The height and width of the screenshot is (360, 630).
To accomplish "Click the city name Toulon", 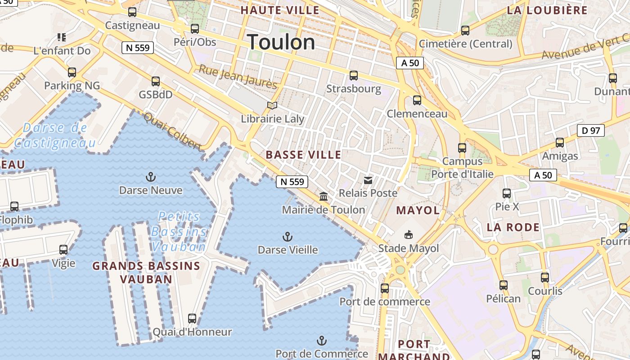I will (x=281, y=42).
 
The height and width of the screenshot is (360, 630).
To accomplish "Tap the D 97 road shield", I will (x=590, y=131).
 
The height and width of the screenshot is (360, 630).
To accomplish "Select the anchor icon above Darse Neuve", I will (x=151, y=176).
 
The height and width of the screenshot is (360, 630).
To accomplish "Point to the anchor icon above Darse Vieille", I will (x=287, y=236).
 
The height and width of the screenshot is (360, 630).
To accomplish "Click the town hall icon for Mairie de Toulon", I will (x=324, y=196).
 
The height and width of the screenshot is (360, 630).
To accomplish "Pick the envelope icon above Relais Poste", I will (x=368, y=180).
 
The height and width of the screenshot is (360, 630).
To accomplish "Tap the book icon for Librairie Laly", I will (x=272, y=106).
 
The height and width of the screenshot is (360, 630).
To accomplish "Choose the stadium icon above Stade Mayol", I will (x=409, y=234).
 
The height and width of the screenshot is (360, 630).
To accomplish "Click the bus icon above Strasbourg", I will (x=354, y=75).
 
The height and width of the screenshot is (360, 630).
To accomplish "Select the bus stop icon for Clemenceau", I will (x=417, y=100).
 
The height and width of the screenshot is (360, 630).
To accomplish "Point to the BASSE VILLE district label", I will (x=303, y=155).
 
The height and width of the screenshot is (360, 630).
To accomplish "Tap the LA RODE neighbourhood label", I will (x=513, y=227).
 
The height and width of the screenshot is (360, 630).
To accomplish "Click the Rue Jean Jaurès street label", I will (x=238, y=76).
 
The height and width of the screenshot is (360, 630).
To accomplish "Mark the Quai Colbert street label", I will (x=172, y=131).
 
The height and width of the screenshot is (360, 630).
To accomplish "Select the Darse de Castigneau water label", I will (x=55, y=135).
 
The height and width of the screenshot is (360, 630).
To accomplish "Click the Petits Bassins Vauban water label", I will (x=179, y=232).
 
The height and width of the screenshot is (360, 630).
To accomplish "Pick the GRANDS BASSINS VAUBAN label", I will (x=146, y=272).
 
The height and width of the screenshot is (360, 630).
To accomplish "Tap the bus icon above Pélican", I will (x=504, y=285).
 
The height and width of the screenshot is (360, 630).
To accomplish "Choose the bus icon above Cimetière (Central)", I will (x=465, y=31).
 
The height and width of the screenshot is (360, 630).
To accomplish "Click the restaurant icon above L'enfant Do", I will (x=62, y=37).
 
